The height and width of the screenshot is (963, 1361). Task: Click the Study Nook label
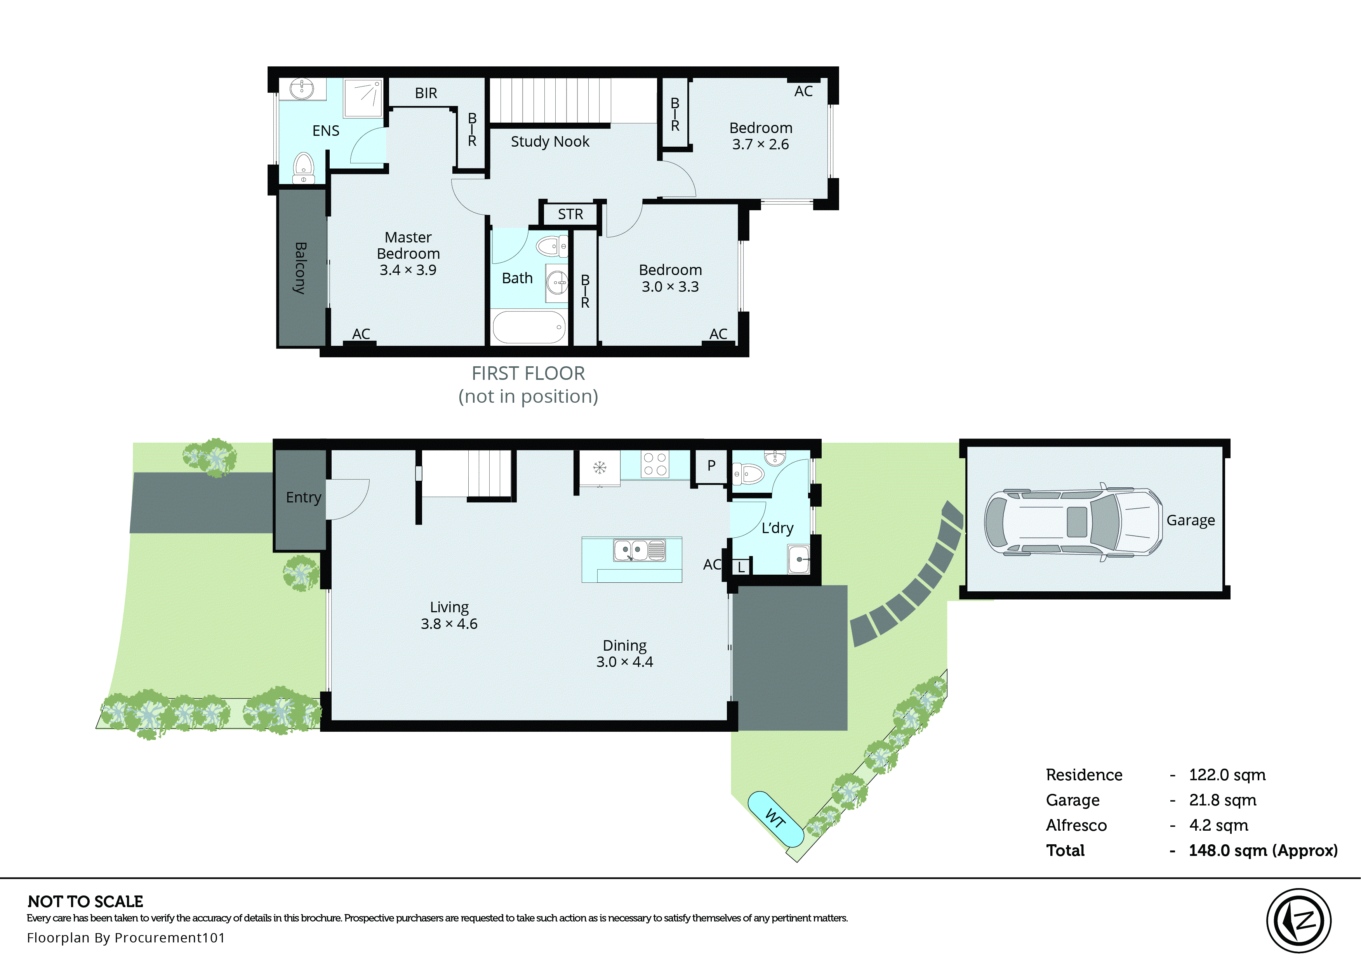point(549,142)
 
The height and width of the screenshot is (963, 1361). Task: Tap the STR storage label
point(570,214)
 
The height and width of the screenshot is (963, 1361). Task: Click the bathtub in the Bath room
point(528,327)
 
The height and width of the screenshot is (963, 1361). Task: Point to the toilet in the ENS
point(303,168)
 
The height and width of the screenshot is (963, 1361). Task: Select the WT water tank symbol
point(775,818)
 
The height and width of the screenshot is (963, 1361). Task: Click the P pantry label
point(711,466)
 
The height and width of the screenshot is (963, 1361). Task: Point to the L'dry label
point(777,528)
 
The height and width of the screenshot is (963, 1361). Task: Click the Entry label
point(303,497)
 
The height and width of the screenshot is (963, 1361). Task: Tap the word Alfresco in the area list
point(1076,825)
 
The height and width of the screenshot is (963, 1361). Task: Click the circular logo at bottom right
point(1299,921)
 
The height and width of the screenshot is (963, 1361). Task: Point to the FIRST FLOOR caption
point(528,374)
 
